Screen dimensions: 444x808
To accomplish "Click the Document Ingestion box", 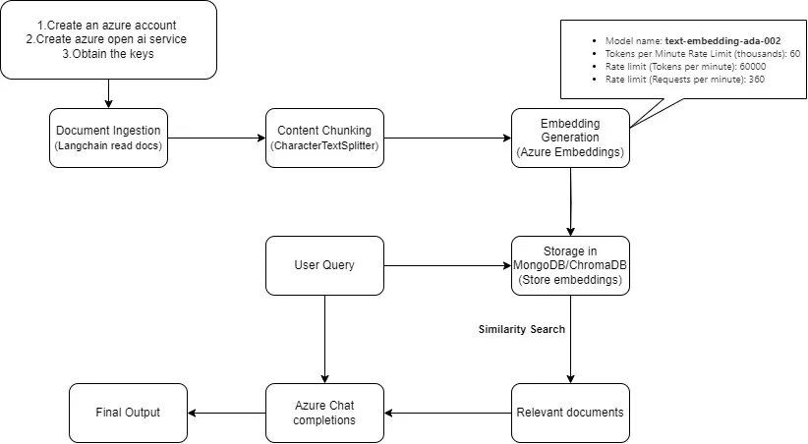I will point(108,138).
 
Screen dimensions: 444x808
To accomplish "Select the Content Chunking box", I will point(324,138).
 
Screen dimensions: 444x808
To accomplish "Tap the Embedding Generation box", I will point(570,138).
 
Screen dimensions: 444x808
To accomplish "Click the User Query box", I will point(324,265).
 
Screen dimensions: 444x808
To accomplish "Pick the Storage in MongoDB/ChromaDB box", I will point(570,265).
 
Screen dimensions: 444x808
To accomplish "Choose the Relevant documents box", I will point(570,412).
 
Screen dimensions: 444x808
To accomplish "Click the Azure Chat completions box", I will point(324,412).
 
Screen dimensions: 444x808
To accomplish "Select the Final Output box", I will point(128,412).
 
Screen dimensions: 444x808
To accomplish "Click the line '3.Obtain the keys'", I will point(108,53).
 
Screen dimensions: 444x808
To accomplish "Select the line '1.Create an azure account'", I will point(108,22).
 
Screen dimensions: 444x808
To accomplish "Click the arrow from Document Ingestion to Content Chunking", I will point(216,138).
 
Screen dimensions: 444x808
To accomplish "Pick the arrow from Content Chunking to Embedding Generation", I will point(447,138).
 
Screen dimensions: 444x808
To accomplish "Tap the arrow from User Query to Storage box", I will point(447,265).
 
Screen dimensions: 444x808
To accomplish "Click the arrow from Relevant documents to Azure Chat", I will point(447,413).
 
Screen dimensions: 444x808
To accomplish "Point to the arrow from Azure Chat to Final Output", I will point(226,413).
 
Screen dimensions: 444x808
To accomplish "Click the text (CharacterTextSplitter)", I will point(324,146).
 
